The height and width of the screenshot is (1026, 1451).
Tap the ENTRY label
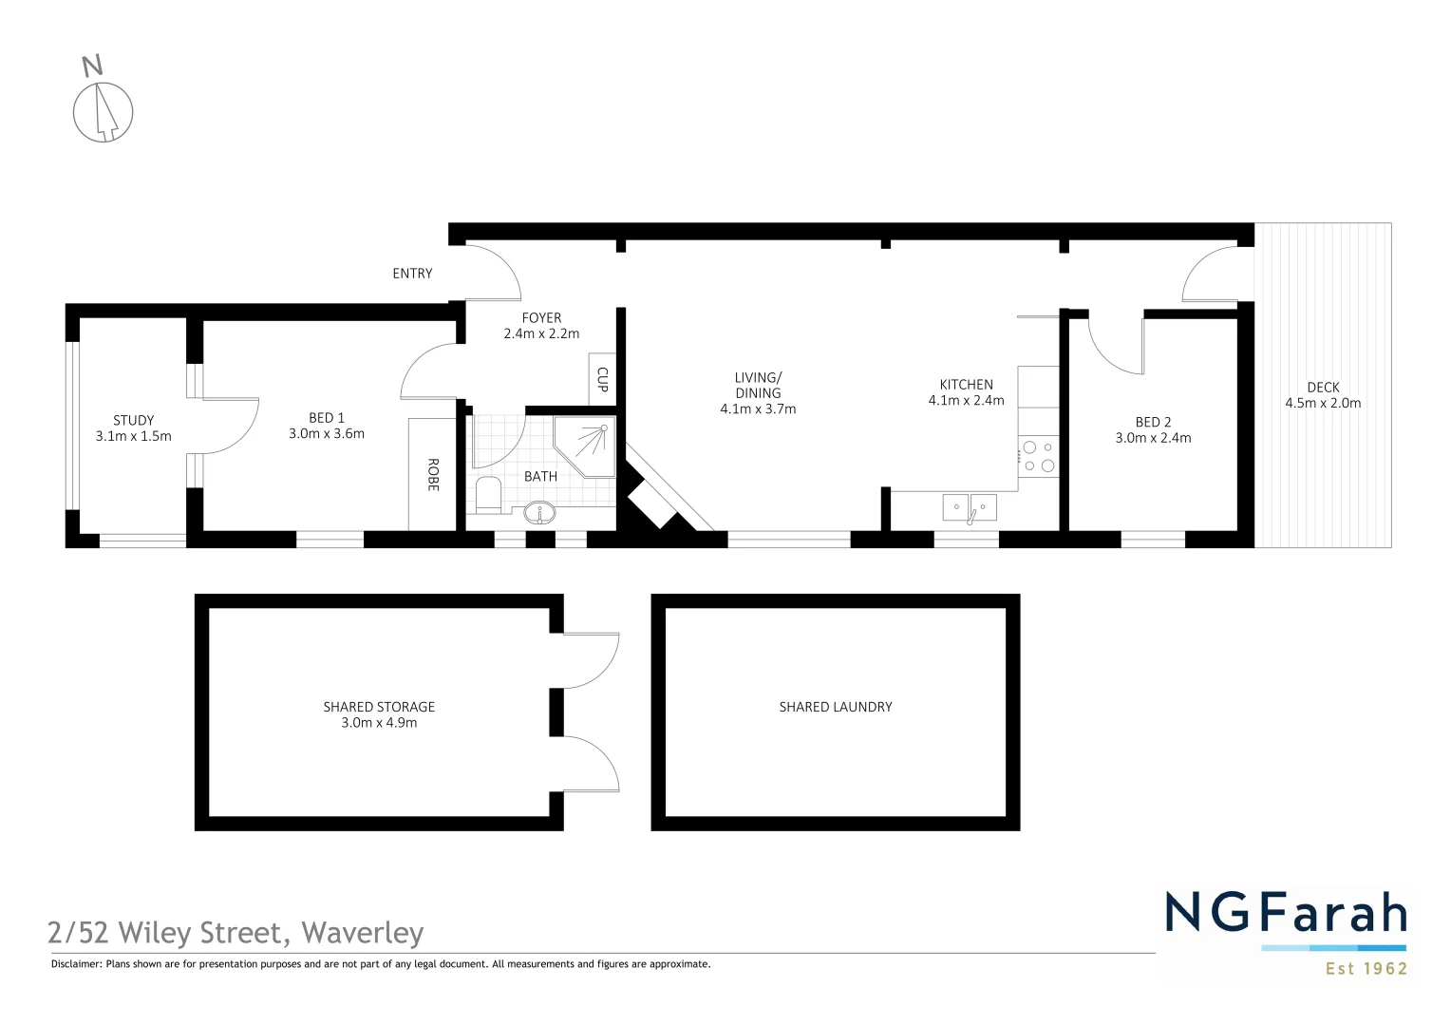[x=412, y=274]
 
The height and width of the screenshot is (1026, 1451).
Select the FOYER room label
[x=541, y=318]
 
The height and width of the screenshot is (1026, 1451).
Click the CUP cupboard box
[x=602, y=380]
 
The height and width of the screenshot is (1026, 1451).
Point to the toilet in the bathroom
[x=488, y=495]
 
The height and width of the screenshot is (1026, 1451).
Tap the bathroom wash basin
[x=540, y=513]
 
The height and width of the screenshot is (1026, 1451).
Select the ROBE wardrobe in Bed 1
[x=433, y=474]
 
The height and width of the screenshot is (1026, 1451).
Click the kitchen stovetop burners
[x=1038, y=457]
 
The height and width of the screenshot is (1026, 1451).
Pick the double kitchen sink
[x=970, y=507]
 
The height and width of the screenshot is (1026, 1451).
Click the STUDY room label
[x=134, y=420]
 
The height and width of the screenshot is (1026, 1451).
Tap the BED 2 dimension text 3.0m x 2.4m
[x=1153, y=438]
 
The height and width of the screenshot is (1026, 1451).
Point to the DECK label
[x=1323, y=388]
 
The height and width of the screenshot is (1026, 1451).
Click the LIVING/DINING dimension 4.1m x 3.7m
[x=758, y=409]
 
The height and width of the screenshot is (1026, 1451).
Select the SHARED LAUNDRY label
[x=836, y=707]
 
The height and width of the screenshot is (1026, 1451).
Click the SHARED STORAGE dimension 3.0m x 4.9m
[x=379, y=723]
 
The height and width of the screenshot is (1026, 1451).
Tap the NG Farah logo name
[x=1286, y=914]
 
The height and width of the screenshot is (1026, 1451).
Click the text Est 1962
[x=1366, y=969]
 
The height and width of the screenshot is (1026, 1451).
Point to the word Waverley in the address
[x=363, y=933]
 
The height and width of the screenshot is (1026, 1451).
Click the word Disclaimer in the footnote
[x=76, y=964]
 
